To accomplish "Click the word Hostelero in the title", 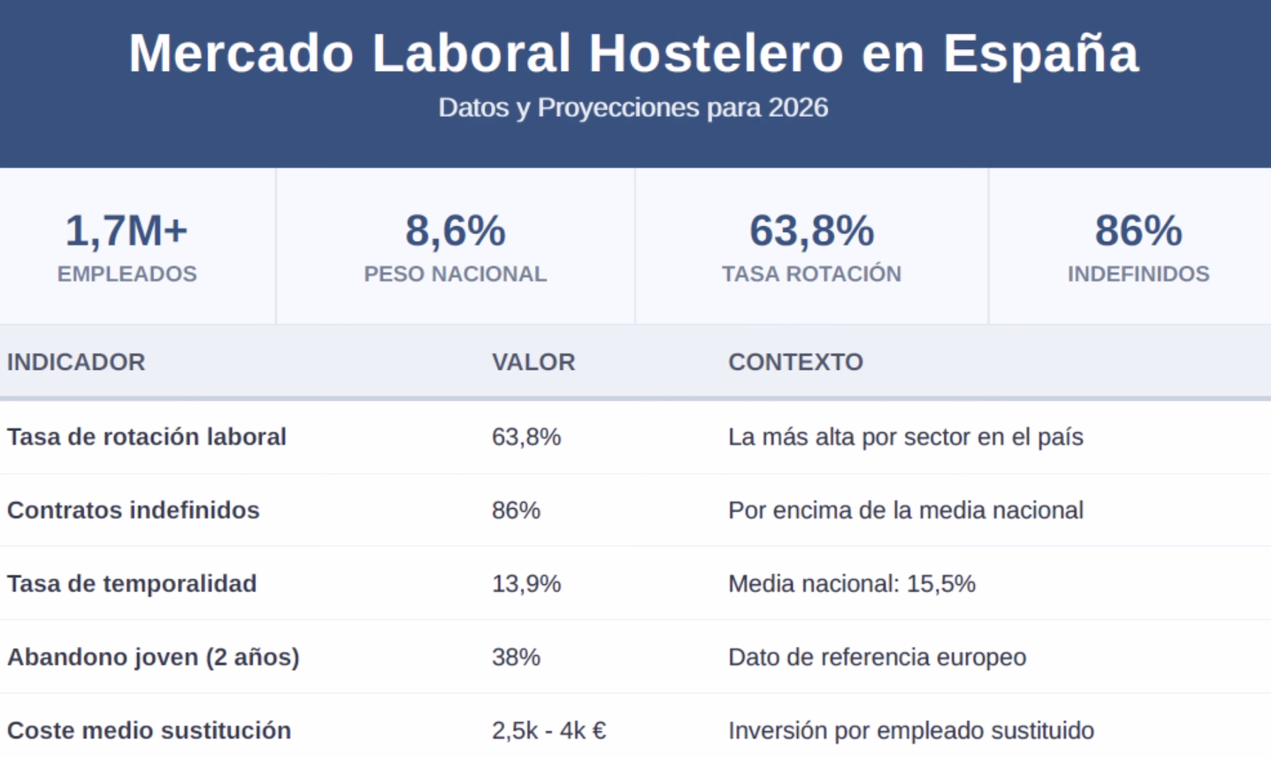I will pyautogui.click(x=716, y=53).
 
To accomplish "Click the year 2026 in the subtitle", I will pyautogui.click(x=798, y=108).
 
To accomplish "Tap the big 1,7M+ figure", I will pyautogui.click(x=126, y=231).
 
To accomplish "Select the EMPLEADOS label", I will pyautogui.click(x=127, y=274).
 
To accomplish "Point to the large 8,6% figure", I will pyautogui.click(x=455, y=231).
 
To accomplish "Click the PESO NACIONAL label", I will pyautogui.click(x=455, y=274).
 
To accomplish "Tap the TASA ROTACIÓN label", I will pyautogui.click(x=811, y=274).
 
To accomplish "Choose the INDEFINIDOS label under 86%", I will pyautogui.click(x=1138, y=274).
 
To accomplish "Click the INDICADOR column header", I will pyautogui.click(x=76, y=362).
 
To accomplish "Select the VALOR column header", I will pyautogui.click(x=533, y=362).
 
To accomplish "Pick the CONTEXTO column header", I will pyautogui.click(x=795, y=362).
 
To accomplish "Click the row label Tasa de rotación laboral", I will pyautogui.click(x=147, y=437).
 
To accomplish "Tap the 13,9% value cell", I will pyautogui.click(x=526, y=583).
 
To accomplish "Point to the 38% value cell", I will pyautogui.click(x=516, y=657).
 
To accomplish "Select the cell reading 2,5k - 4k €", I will pyautogui.click(x=549, y=730).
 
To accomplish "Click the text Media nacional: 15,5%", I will pyautogui.click(x=852, y=583).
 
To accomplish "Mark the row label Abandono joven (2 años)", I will pyautogui.click(x=153, y=657).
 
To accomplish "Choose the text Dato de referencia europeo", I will pyautogui.click(x=877, y=657).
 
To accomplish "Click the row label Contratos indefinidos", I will pyautogui.click(x=133, y=510).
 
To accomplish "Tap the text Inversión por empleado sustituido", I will pyautogui.click(x=911, y=730).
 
